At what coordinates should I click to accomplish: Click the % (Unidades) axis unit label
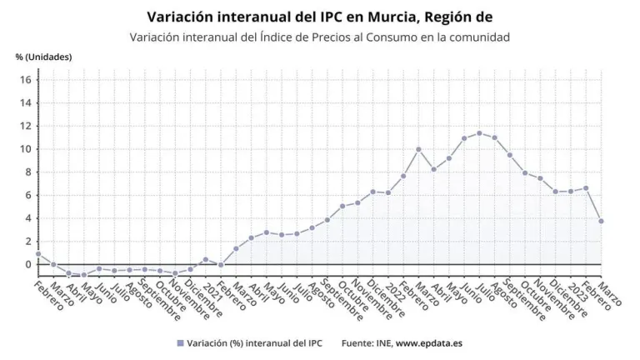point(43,57)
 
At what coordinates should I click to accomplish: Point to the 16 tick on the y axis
point(26,80)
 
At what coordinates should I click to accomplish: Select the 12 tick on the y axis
point(26,126)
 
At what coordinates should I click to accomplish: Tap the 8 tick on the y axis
point(28,172)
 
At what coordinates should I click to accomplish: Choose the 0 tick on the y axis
point(28,264)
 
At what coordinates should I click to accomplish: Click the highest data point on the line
point(479,133)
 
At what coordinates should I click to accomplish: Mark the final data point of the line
point(601,221)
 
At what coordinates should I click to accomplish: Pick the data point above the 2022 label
point(387,192)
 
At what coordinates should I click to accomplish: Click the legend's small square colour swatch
point(179,343)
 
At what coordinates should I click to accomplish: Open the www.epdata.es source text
point(430,343)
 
